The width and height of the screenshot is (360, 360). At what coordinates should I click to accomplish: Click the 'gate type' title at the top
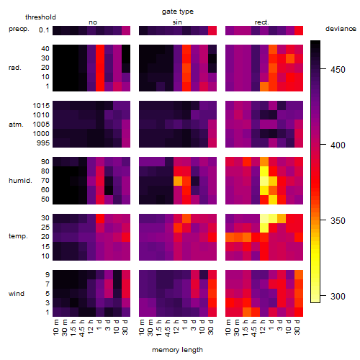(178, 12)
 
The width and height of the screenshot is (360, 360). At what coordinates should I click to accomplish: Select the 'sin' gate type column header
(177, 22)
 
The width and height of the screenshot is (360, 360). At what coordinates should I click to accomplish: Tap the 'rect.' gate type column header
(261, 22)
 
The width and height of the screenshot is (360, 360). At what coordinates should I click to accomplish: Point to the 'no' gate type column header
(93, 22)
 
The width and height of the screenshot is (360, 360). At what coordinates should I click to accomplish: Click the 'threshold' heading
(40, 17)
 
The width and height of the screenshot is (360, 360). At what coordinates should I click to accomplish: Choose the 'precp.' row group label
(19, 29)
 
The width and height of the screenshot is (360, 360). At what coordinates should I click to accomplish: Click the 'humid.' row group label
(20, 180)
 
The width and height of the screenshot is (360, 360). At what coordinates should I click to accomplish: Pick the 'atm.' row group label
(16, 125)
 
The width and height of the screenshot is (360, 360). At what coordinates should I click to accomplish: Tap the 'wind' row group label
(17, 293)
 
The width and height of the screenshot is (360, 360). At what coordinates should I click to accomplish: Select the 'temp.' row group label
(18, 236)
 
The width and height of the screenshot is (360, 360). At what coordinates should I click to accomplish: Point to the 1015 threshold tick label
(41, 105)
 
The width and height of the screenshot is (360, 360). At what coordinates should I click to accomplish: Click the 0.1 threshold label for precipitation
(44, 30)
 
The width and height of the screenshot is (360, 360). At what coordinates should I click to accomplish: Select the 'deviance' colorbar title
(341, 29)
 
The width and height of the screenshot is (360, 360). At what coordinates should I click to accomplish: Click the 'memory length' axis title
(177, 350)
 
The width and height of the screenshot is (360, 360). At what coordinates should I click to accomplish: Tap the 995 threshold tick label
(43, 143)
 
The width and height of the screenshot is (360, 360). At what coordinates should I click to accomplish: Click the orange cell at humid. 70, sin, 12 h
(178, 181)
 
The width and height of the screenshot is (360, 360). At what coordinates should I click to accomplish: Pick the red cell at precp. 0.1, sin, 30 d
(212, 30)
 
